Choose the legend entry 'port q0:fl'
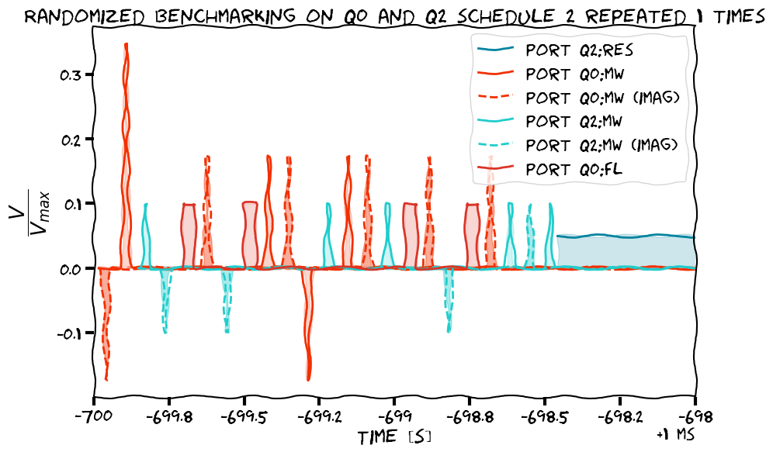[575, 168]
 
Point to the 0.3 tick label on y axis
[71, 75]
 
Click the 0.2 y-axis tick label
[71, 140]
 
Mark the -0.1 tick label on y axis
[68, 333]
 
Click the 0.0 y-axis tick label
[71, 269]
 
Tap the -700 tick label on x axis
[93, 416]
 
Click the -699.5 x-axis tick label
[244, 416]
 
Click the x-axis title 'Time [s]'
[393, 437]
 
